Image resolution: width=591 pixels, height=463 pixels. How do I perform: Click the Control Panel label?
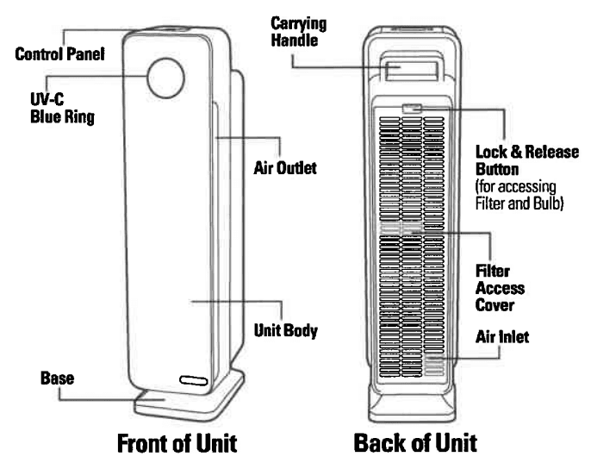coord(60,54)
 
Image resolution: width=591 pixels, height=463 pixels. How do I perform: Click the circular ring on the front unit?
coord(164,77)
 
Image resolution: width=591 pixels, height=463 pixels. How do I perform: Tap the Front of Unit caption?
coord(177,445)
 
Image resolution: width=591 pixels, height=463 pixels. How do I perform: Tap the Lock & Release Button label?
coord(531,158)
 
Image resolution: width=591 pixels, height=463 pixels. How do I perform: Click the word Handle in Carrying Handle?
coord(308,40)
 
